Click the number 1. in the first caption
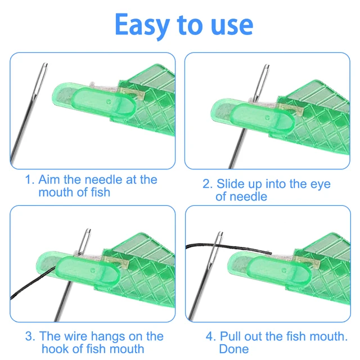[30, 180]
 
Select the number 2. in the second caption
[207, 184]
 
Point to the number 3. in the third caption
[30, 336]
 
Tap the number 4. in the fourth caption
[210, 336]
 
